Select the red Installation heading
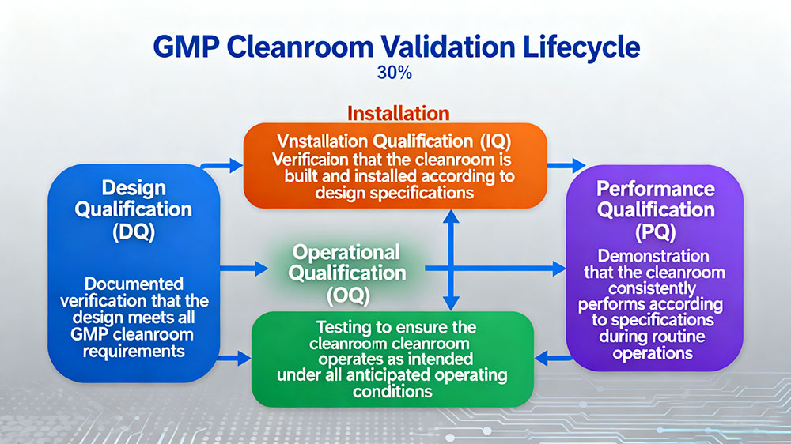tap(399, 113)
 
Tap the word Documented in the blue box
tap(134, 283)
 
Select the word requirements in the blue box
tap(134, 351)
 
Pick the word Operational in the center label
tap(346, 252)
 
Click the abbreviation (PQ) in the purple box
tap(656, 232)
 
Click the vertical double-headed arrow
tap(450, 262)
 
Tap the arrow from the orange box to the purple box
tap(566, 166)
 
